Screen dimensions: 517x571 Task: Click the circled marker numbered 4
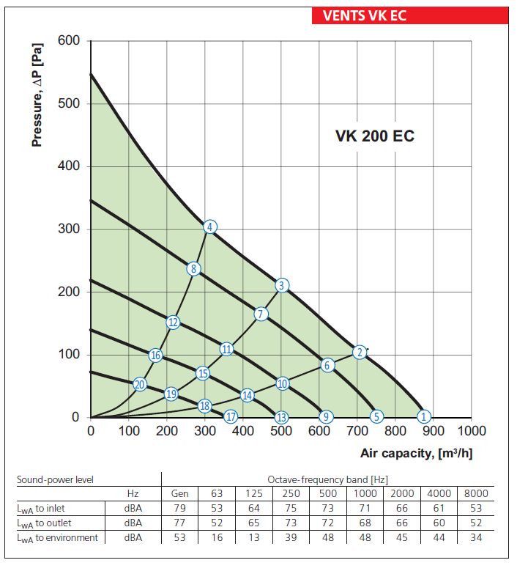(210, 227)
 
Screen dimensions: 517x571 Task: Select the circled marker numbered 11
(226, 349)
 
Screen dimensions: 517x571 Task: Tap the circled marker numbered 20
(140, 384)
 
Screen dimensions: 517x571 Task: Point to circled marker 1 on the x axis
(423, 416)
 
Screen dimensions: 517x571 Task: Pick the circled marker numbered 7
(261, 314)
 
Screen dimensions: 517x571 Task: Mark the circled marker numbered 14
(248, 395)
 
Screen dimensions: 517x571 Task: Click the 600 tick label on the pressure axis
(69, 40)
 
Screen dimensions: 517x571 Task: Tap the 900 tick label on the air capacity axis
(433, 431)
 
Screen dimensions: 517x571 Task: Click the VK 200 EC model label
(375, 136)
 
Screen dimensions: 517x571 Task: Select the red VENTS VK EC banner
(410, 15)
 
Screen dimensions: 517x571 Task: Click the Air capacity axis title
(416, 454)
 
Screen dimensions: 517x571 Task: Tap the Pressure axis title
(37, 95)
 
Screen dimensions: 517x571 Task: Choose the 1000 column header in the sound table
(365, 493)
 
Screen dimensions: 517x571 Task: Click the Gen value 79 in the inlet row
(179, 508)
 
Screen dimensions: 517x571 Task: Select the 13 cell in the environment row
(253, 537)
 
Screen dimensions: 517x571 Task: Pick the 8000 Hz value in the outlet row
(476, 523)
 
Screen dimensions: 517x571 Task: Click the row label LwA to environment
(57, 538)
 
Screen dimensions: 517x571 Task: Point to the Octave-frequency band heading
(328, 479)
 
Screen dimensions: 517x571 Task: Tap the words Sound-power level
(56, 479)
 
